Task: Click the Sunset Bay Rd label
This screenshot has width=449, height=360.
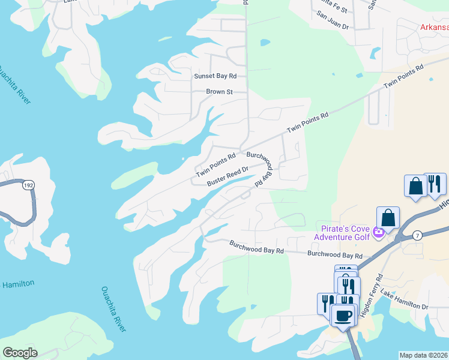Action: point(215,76)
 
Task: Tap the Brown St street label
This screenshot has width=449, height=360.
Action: point(219,92)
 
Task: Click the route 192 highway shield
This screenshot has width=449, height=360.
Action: point(28,186)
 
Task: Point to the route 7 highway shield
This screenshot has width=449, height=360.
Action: point(417,236)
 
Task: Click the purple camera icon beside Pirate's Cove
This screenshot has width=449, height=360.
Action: point(378,232)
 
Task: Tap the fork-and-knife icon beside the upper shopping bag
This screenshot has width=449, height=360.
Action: point(435,184)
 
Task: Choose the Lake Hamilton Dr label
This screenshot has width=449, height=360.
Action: point(408,307)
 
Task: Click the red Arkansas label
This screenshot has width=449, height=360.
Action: point(433,27)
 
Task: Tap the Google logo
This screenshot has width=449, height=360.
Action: point(20,352)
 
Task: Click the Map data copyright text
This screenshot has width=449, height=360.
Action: point(423,355)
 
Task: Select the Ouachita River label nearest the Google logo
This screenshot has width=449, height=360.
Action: point(113,308)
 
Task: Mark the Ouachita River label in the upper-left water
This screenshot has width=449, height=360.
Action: point(14,83)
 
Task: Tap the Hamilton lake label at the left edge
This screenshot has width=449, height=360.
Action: point(17,283)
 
